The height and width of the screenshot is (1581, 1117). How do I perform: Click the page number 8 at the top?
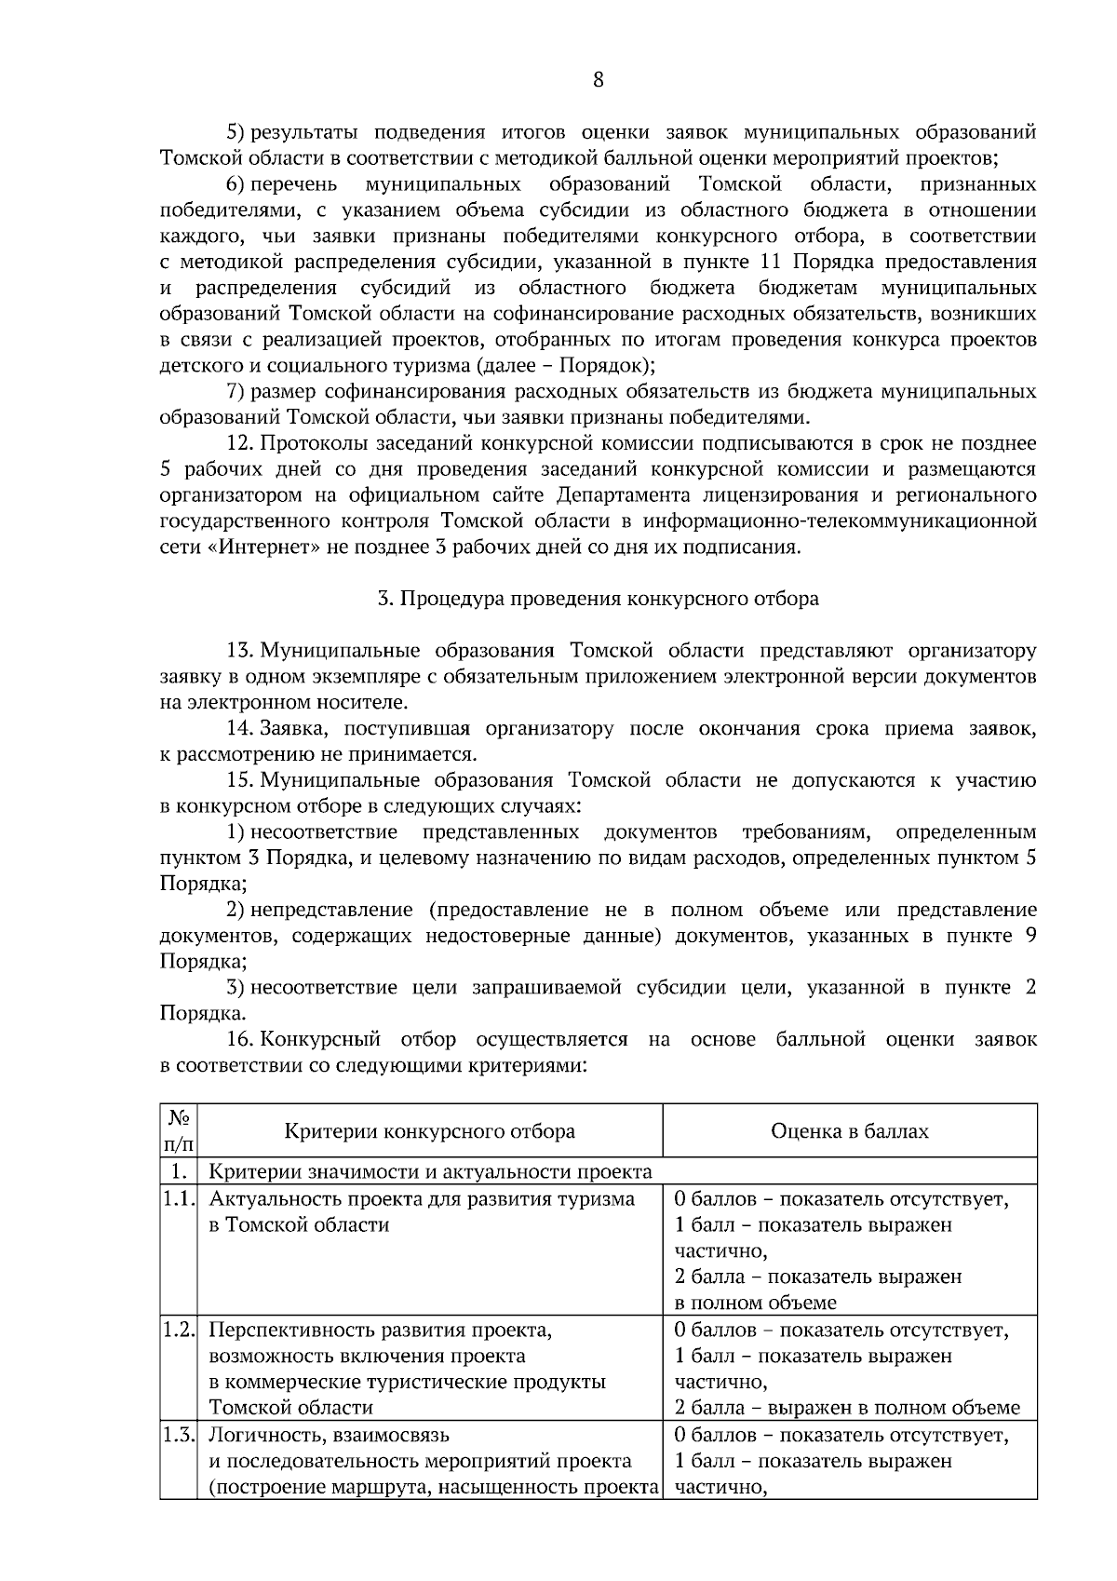[598, 80]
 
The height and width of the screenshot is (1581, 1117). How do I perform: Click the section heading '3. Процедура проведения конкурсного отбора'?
[598, 599]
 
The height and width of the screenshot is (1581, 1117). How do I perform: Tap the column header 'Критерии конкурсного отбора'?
[429, 1131]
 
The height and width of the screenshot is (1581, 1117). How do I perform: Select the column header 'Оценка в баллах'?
[849, 1131]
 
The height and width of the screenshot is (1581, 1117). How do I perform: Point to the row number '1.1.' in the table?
[177, 1199]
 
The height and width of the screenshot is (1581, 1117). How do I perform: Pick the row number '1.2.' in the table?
[177, 1331]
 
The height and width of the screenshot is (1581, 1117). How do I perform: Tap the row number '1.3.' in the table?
[177, 1435]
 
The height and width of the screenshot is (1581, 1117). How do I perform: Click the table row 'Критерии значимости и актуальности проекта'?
[430, 1171]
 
